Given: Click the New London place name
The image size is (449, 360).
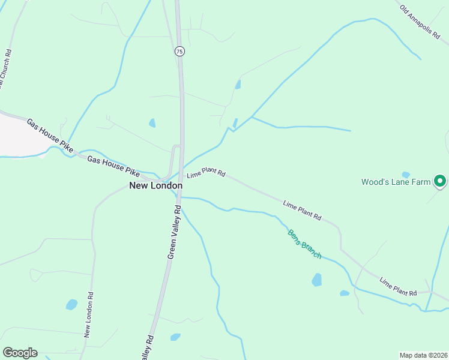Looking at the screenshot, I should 155,186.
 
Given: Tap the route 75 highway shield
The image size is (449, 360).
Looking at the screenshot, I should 179,52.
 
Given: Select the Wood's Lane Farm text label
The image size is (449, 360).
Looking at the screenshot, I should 396,182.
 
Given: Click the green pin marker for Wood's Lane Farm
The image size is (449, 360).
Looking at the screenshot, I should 440,180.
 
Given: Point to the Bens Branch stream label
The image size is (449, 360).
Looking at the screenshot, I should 304,244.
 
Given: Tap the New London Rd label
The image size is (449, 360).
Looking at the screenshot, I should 89,314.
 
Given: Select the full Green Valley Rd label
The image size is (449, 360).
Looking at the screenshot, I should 174,232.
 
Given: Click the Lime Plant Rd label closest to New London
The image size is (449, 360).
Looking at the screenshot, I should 206,174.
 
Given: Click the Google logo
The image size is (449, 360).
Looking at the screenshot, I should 20,353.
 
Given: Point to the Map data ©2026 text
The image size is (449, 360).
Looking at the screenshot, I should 423,355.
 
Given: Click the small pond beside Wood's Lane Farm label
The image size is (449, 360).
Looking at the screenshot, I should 406,175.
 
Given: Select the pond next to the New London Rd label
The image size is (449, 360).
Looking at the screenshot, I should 71,304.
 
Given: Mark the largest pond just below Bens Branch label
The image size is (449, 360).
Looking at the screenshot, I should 316,280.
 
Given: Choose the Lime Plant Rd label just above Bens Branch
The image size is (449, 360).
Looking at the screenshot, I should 302,209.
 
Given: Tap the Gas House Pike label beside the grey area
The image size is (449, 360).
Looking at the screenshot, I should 49,134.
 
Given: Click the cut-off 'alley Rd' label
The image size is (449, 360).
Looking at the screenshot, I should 148,348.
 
